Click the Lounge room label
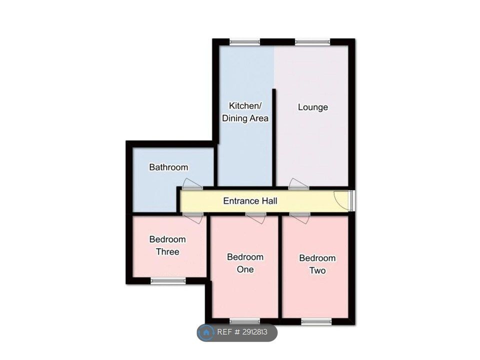[x=313, y=107]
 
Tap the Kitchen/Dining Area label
[x=245, y=112]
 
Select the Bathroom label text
[x=168, y=167]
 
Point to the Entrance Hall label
[x=250, y=201]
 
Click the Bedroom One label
[x=245, y=263]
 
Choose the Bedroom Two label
[x=317, y=264]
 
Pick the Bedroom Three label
[x=167, y=245]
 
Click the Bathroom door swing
[x=192, y=183]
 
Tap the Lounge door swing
[x=299, y=183]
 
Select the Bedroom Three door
[x=192, y=218]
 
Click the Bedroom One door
[x=255, y=218]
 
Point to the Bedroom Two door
[x=299, y=218]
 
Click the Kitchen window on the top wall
[x=245, y=42]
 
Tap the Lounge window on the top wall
[x=312, y=42]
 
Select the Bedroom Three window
[x=168, y=280]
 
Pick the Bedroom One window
[x=245, y=321]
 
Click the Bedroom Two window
[x=316, y=321]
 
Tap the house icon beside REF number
[x=206, y=332]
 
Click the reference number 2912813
[x=255, y=332]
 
